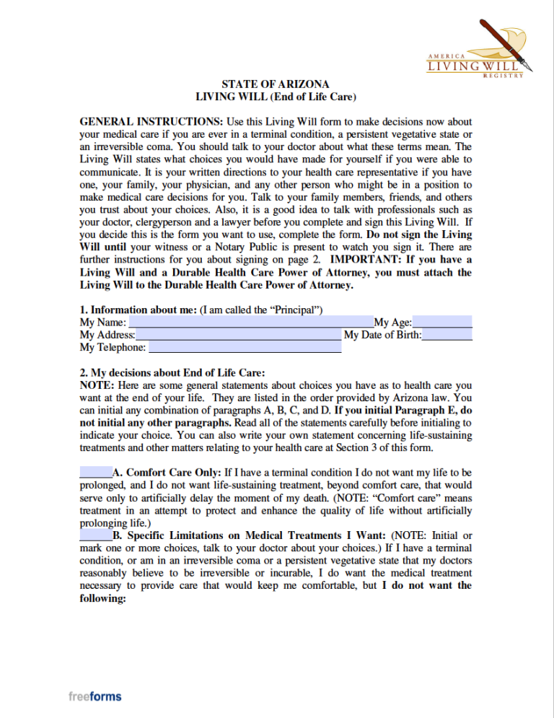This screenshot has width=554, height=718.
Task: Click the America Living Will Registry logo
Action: click(480, 47)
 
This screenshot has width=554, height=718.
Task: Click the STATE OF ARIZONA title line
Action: click(276, 84)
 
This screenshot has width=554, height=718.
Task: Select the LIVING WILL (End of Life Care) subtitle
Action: click(276, 96)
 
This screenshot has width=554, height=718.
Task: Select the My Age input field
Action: click(442, 323)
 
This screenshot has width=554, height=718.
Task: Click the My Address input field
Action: click(238, 335)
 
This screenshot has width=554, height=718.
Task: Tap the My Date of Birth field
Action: click(447, 335)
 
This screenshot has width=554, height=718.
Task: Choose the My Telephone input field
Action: click(244, 347)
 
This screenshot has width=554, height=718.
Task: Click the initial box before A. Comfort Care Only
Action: click(95, 473)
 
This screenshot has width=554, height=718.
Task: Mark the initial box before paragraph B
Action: click(95, 535)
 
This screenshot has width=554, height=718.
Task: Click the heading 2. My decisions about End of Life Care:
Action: click(172, 373)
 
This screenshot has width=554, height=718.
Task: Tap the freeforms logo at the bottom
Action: click(95, 696)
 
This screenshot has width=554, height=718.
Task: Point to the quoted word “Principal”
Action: click(297, 310)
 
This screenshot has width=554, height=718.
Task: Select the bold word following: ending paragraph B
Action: click(103, 598)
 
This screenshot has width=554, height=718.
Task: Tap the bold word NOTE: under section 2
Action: click(96, 385)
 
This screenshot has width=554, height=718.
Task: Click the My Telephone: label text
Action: click(113, 348)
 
